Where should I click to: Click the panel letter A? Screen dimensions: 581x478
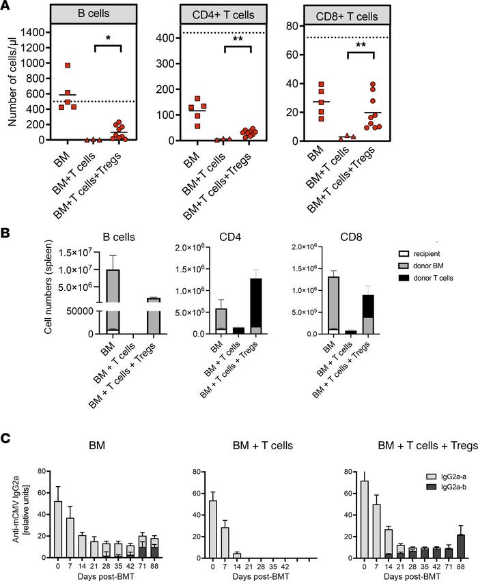7,7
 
